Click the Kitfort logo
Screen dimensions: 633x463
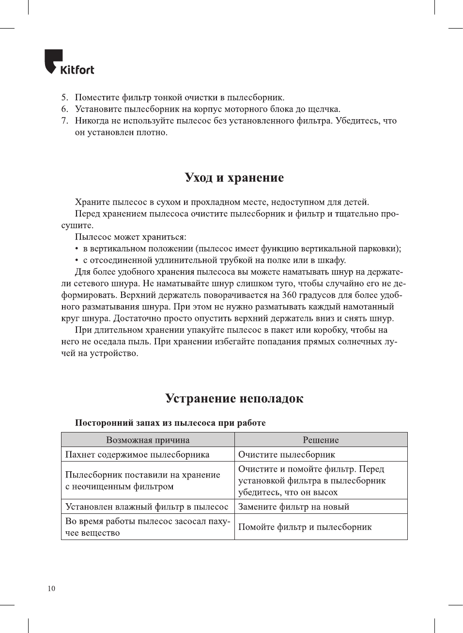[69, 62]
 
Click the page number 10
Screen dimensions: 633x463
[51, 588]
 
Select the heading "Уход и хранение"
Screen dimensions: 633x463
[234, 177]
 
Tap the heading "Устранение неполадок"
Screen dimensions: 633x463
[234, 398]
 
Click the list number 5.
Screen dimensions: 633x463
[64, 97]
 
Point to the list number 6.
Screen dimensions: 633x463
[64, 109]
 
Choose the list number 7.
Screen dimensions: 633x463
[64, 121]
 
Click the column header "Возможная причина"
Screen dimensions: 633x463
[148, 440]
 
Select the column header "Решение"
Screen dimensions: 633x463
[321, 440]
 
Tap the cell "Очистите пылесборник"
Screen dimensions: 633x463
[287, 454]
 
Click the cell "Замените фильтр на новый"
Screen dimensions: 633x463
[293, 507]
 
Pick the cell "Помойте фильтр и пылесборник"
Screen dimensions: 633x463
[305, 527]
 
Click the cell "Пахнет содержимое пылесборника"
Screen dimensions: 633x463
[137, 454]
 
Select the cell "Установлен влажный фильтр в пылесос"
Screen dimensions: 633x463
[146, 507]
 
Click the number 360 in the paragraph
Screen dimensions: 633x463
[289, 295]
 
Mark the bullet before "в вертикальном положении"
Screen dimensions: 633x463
[77, 249]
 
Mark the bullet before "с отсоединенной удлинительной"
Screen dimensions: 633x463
[77, 261]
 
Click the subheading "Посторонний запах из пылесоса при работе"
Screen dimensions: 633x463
[170, 423]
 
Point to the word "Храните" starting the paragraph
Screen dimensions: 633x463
[92, 202]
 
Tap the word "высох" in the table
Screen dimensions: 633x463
[325, 493]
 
